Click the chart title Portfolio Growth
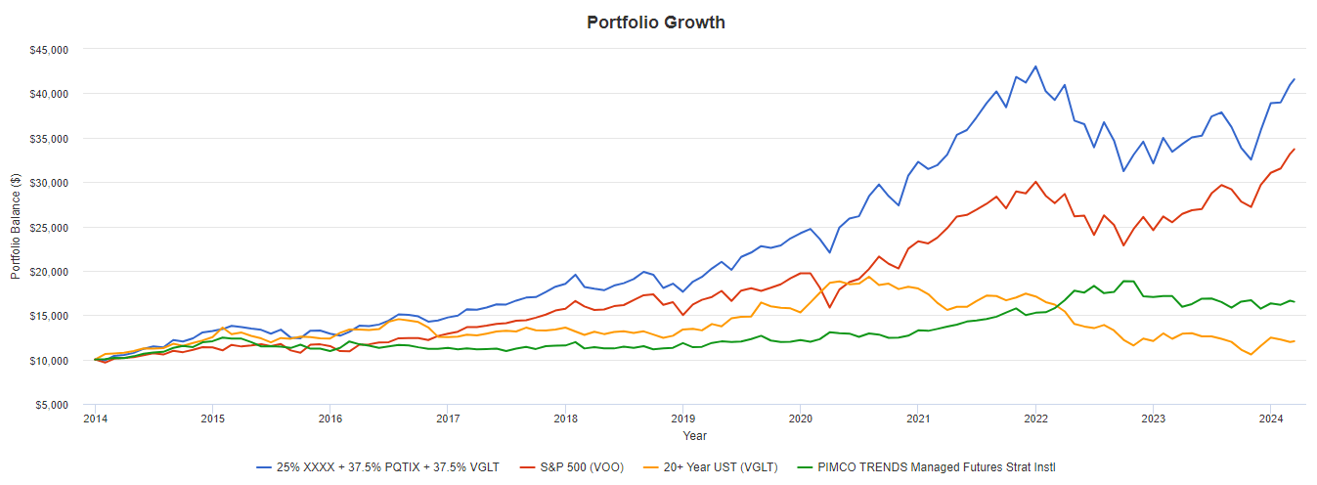click(656, 22)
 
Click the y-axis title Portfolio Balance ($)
click(16, 227)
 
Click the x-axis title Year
click(695, 436)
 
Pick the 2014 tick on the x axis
click(95, 419)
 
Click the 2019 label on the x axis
click(682, 419)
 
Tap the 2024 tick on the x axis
click(1270, 419)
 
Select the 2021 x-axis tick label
click(917, 419)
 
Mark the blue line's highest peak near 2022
click(1035, 66)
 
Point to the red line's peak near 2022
click(1035, 182)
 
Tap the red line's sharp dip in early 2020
click(830, 307)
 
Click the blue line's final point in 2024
click(1295, 79)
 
